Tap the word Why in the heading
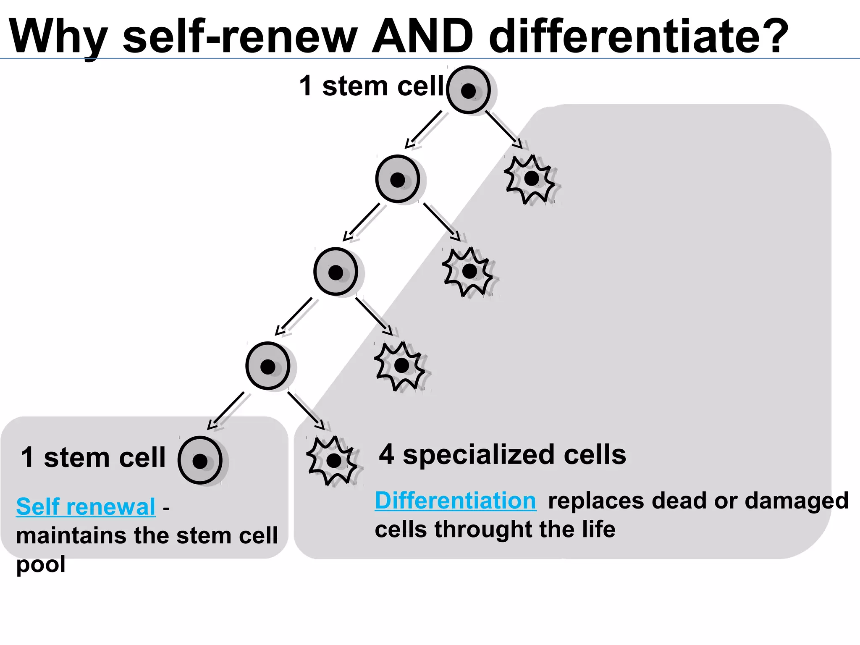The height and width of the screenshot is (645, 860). coord(59,37)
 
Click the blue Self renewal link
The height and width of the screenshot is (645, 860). coord(86,507)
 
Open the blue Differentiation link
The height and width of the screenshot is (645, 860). coord(456,501)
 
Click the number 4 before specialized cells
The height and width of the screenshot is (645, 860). coord(386,455)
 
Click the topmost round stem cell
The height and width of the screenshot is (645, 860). coord(468,90)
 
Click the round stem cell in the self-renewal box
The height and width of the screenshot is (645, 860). coord(200,461)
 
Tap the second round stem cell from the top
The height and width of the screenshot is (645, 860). coord(397,180)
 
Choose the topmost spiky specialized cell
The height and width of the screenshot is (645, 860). coord(531,179)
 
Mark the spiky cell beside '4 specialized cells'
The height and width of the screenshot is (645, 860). coord(333,461)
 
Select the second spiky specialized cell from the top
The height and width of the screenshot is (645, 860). coord(469,272)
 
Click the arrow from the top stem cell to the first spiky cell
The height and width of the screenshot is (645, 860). coord(504,130)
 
